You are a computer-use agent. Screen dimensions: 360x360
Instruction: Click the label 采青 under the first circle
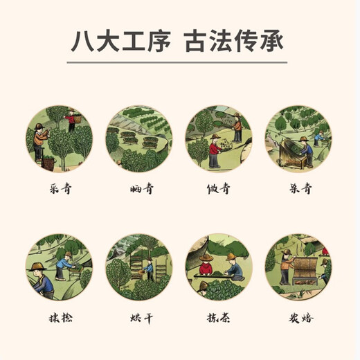[58, 188]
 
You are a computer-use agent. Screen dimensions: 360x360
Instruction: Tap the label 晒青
[138, 188]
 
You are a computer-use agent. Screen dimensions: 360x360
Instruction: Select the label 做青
[218, 188]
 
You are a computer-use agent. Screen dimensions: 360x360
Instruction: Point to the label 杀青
[298, 188]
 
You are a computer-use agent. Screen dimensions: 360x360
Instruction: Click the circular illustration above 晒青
[138, 138]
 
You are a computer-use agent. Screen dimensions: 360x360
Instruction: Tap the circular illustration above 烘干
[138, 267]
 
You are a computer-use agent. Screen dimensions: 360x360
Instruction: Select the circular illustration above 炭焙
[298, 267]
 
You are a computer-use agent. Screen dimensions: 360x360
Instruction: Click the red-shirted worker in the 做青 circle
[214, 147]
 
